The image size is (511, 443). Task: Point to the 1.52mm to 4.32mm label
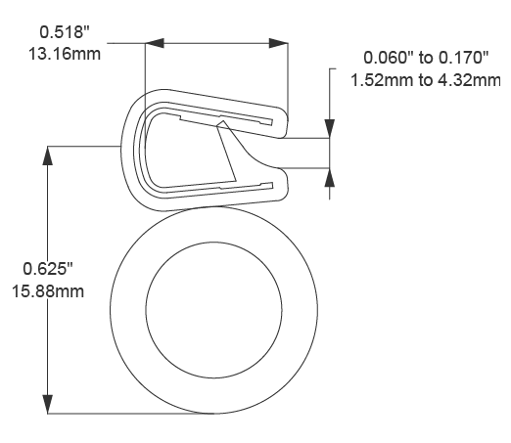[427, 78]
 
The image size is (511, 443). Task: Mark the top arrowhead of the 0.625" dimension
[47, 155]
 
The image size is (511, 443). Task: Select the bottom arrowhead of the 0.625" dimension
[47, 404]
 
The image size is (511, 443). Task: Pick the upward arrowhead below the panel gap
[330, 176]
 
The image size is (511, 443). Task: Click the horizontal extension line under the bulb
[127, 414]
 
